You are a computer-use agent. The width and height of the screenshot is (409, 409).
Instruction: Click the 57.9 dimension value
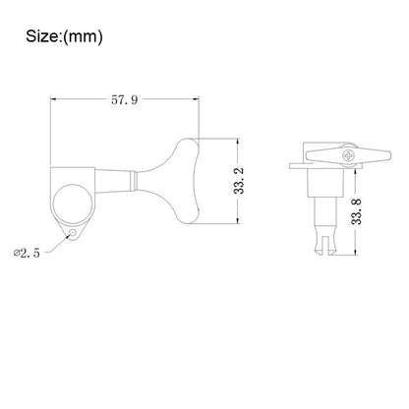[x=125, y=99]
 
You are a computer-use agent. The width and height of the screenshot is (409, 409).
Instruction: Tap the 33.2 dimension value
[x=239, y=181]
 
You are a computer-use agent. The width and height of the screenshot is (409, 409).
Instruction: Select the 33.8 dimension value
[x=356, y=211]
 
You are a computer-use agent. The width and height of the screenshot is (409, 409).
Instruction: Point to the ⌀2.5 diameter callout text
[x=27, y=253]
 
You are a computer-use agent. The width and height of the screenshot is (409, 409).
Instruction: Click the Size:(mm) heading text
[x=64, y=36]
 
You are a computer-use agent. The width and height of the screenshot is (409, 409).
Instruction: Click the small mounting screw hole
[x=72, y=233]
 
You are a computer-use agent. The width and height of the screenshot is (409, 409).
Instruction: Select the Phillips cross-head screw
[x=348, y=155]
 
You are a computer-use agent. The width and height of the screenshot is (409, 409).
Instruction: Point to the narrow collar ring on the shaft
[x=134, y=181]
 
